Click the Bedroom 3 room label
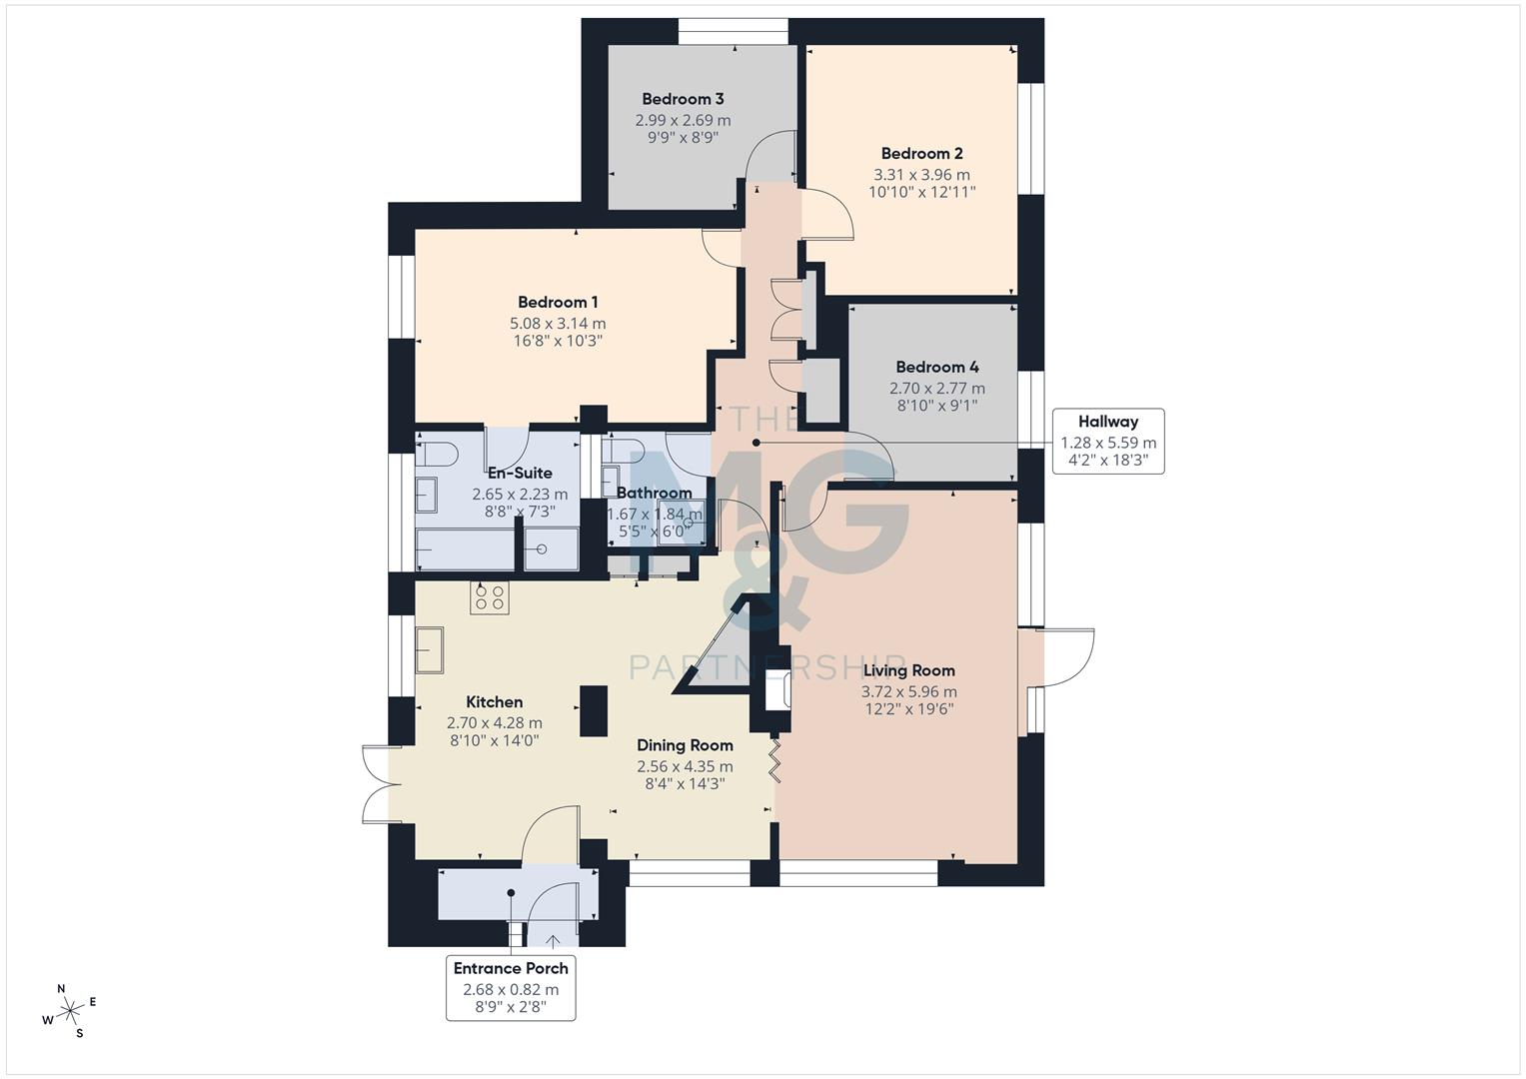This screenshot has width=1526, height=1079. coord(683,99)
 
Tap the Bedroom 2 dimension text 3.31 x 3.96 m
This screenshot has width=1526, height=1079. coord(921,175)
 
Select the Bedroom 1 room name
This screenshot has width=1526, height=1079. coord(558,303)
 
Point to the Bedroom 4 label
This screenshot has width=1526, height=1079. coord(936,368)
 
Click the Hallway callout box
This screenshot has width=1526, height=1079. coord(1108,441)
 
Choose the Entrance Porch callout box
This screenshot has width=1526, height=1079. coord(511,987)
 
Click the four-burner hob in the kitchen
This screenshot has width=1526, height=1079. coord(490,597)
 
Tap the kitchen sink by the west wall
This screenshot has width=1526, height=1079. coord(431,650)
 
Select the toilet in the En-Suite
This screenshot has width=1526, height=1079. coord(437,454)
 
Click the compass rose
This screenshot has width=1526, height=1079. coord(71,1011)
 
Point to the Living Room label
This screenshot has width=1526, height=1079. coord(908,671)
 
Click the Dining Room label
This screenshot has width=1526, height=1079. coord(685,745)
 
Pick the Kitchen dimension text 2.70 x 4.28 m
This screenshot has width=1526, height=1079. coord(494,723)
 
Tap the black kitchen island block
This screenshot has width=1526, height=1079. coord(593,710)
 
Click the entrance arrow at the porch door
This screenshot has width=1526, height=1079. coord(553,938)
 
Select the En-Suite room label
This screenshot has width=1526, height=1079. coord(519,474)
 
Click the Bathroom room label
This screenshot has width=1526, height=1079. coord(654,494)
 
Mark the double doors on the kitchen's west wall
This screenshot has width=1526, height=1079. coord(376,785)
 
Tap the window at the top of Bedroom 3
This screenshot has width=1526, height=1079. coord(733,32)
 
